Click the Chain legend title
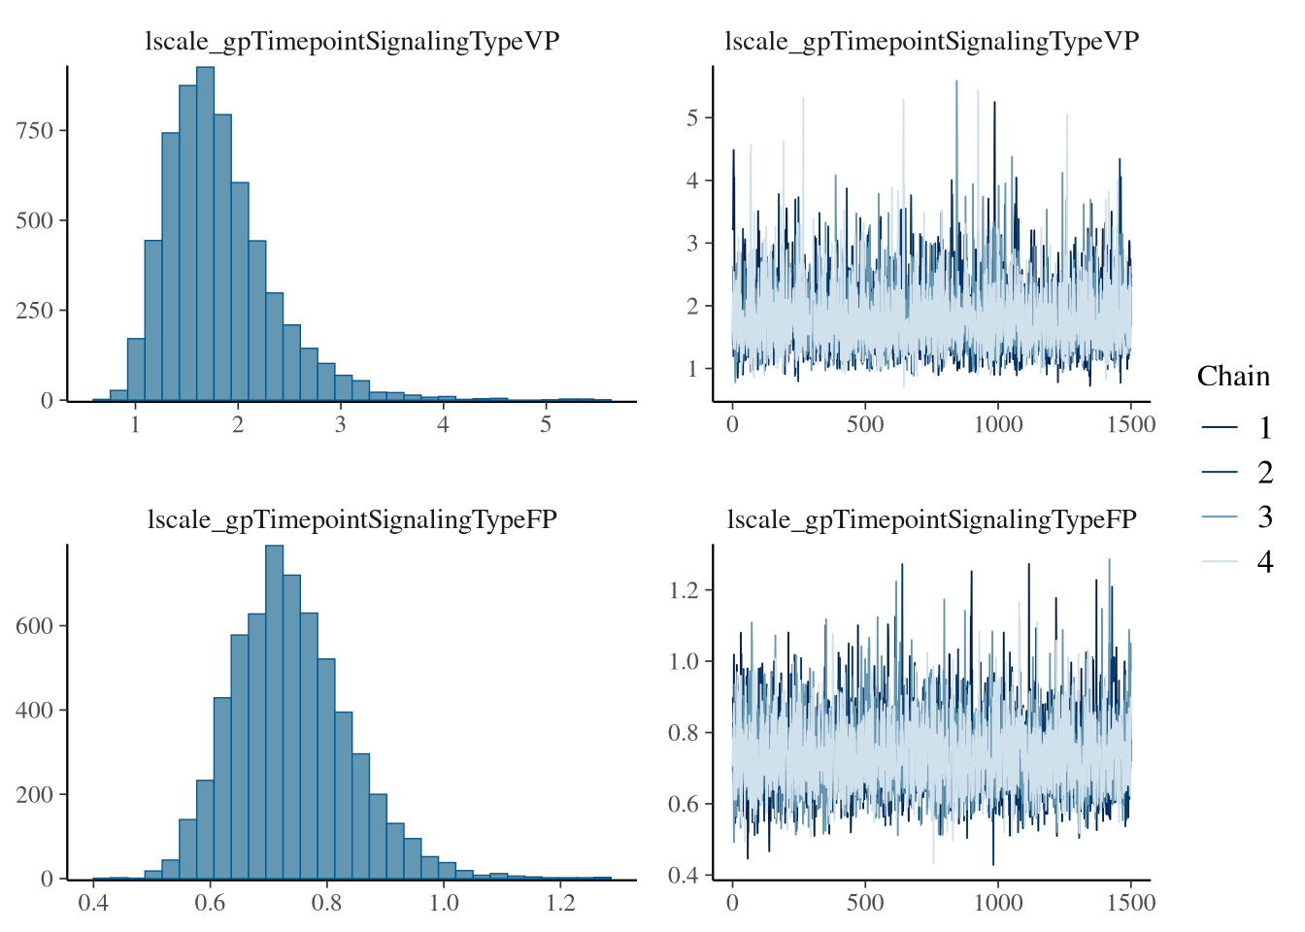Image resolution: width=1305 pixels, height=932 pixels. click(1232, 377)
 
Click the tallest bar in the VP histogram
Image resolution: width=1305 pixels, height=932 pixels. click(205, 233)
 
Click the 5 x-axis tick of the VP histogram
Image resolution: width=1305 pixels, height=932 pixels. click(546, 424)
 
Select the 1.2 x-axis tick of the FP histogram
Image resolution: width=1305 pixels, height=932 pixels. click(560, 903)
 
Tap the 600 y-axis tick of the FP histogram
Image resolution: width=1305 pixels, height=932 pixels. click(34, 626)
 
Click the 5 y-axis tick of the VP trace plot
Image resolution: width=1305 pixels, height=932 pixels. click(692, 118)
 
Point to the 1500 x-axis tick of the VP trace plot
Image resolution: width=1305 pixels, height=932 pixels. click(1130, 424)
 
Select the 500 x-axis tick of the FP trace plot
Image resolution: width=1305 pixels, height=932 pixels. click(865, 903)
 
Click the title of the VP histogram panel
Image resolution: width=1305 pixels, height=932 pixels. click(351, 41)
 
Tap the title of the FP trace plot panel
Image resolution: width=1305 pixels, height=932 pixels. click(931, 519)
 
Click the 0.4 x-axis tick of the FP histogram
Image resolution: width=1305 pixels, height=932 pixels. click(93, 903)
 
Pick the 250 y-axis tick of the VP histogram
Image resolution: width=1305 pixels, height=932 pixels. click(34, 311)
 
